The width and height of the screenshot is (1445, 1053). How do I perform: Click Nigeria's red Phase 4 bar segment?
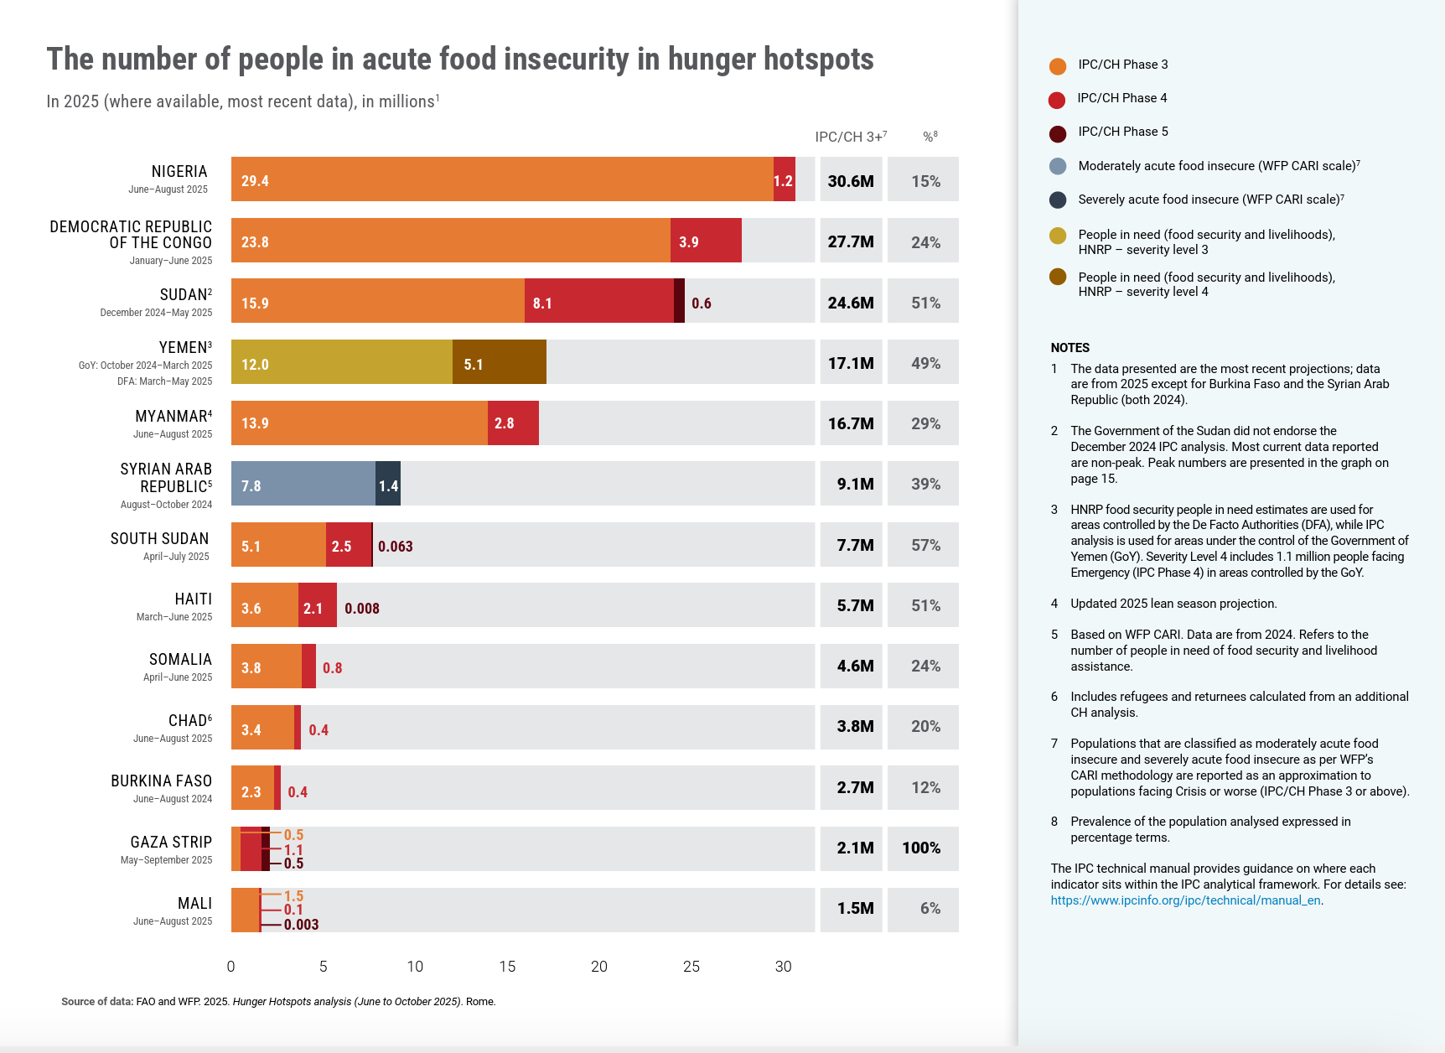point(784,179)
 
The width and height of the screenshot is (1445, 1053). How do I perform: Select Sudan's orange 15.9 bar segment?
point(377,301)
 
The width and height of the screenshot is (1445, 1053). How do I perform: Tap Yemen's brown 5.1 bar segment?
point(500,362)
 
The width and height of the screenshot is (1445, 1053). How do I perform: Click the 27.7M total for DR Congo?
point(851,241)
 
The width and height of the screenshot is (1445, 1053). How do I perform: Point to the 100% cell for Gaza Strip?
point(921,848)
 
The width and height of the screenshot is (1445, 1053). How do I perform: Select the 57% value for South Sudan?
point(925,545)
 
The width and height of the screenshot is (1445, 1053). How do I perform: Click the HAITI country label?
point(193,599)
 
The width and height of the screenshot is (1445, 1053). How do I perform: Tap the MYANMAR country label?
point(172,416)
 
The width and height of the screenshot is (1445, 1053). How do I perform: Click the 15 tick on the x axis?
point(507,967)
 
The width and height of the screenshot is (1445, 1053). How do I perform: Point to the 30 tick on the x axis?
point(783,967)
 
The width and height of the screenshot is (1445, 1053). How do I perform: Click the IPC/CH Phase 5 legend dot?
point(1058,132)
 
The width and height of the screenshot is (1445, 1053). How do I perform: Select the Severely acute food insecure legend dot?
point(1058,200)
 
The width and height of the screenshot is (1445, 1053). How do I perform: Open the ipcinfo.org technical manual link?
point(1185,900)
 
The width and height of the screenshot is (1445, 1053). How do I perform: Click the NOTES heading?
point(1070,347)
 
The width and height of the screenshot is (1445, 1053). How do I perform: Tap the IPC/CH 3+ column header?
point(850,137)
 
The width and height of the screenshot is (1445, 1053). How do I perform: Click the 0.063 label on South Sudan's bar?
point(395,547)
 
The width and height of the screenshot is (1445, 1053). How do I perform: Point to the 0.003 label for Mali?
point(301,925)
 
